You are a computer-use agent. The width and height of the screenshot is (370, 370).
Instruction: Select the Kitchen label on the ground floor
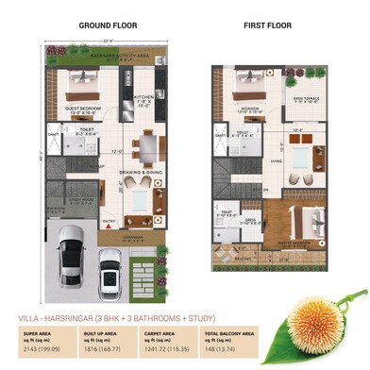(x=143, y=98)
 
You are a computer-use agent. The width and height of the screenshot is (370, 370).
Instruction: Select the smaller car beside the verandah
(x=111, y=277)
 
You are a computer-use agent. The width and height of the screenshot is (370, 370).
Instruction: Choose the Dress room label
(x=253, y=221)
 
